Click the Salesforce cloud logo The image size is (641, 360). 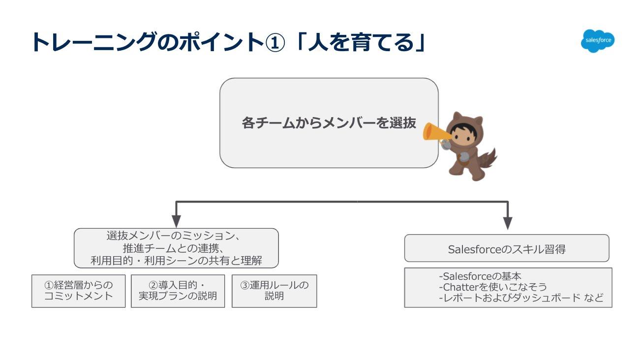pos(597,41)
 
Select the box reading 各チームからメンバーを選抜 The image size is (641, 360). pos(329,123)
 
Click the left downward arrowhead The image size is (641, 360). pos(176,222)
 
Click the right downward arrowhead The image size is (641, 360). pos(508,223)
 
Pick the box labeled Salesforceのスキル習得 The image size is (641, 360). pos(506,249)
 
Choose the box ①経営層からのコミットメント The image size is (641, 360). pos(79,291)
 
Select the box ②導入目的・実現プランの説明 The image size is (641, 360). pos(178,291)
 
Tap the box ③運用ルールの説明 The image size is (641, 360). pos(274,291)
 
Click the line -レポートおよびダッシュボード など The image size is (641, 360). pos(520,298)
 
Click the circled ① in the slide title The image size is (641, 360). pos(275,42)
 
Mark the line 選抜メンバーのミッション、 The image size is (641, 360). pos(173,236)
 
